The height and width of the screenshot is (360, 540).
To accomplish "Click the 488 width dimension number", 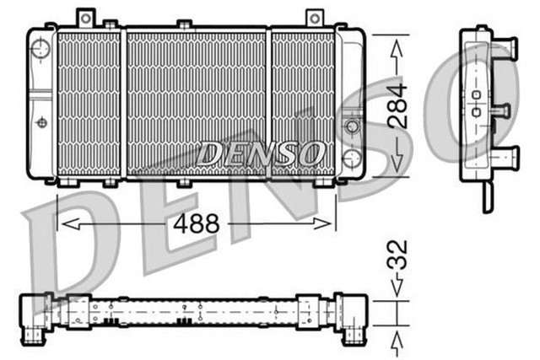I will [x=197, y=223].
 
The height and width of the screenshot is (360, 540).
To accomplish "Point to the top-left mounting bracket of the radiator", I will [x=86, y=18].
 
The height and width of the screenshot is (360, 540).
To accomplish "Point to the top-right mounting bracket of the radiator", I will [x=314, y=18].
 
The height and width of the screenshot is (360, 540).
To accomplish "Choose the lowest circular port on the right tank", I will [x=353, y=158].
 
